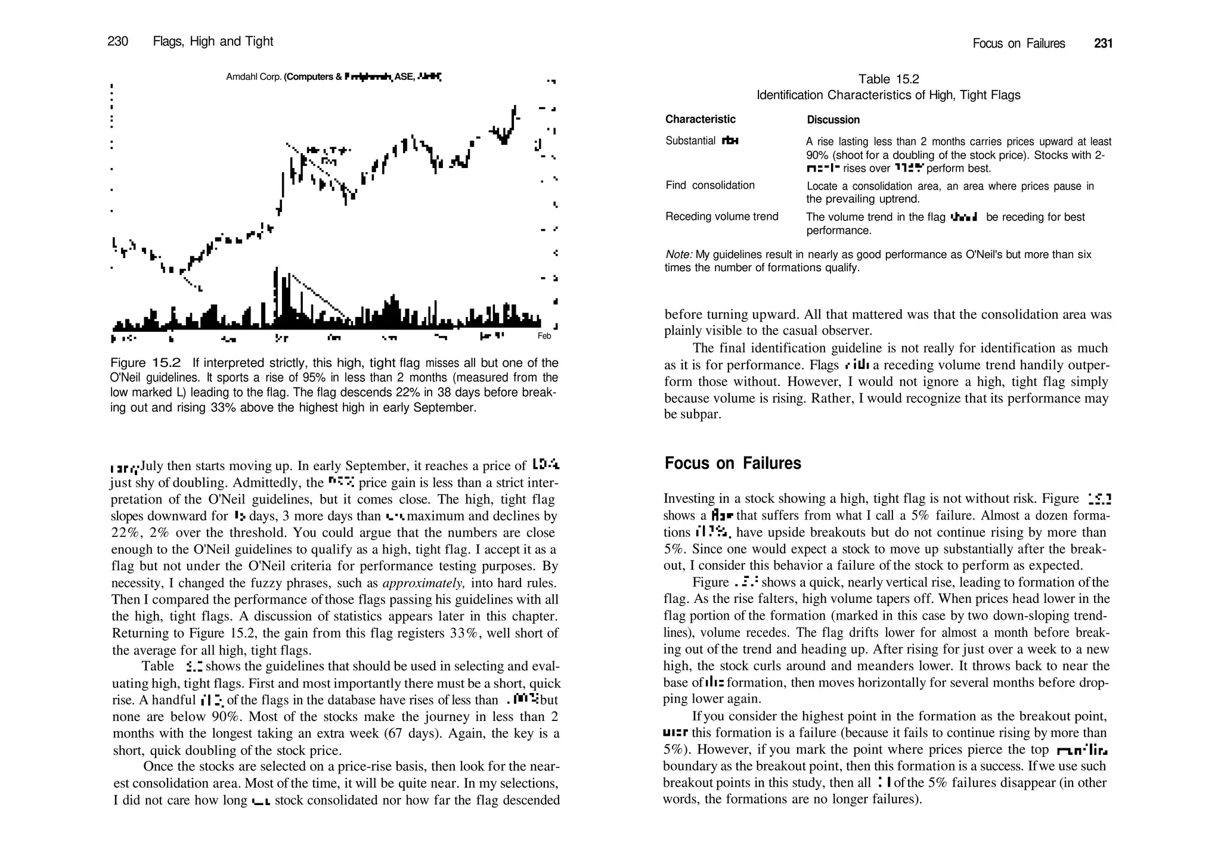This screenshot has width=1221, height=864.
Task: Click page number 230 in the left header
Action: pyautogui.click(x=117, y=41)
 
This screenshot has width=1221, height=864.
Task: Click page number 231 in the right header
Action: pyautogui.click(x=1103, y=43)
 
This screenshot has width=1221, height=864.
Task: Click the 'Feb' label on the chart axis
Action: pyautogui.click(x=544, y=336)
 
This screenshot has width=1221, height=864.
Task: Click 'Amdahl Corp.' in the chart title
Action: pyautogui.click(x=253, y=77)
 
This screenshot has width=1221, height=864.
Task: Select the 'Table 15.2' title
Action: pyautogui.click(x=888, y=79)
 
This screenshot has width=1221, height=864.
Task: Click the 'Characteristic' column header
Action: pyautogui.click(x=700, y=119)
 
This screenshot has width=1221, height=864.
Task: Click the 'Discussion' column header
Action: pyautogui.click(x=833, y=120)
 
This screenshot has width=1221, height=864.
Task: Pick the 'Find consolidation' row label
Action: pyautogui.click(x=709, y=185)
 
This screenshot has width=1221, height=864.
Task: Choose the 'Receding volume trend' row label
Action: pyautogui.click(x=721, y=216)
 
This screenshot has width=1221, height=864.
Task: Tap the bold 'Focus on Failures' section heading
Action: pyautogui.click(x=732, y=463)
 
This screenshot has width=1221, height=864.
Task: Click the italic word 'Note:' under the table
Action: pyautogui.click(x=678, y=254)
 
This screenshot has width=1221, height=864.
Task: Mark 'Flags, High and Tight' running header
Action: pyautogui.click(x=213, y=41)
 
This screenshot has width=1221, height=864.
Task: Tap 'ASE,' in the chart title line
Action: pyautogui.click(x=405, y=77)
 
